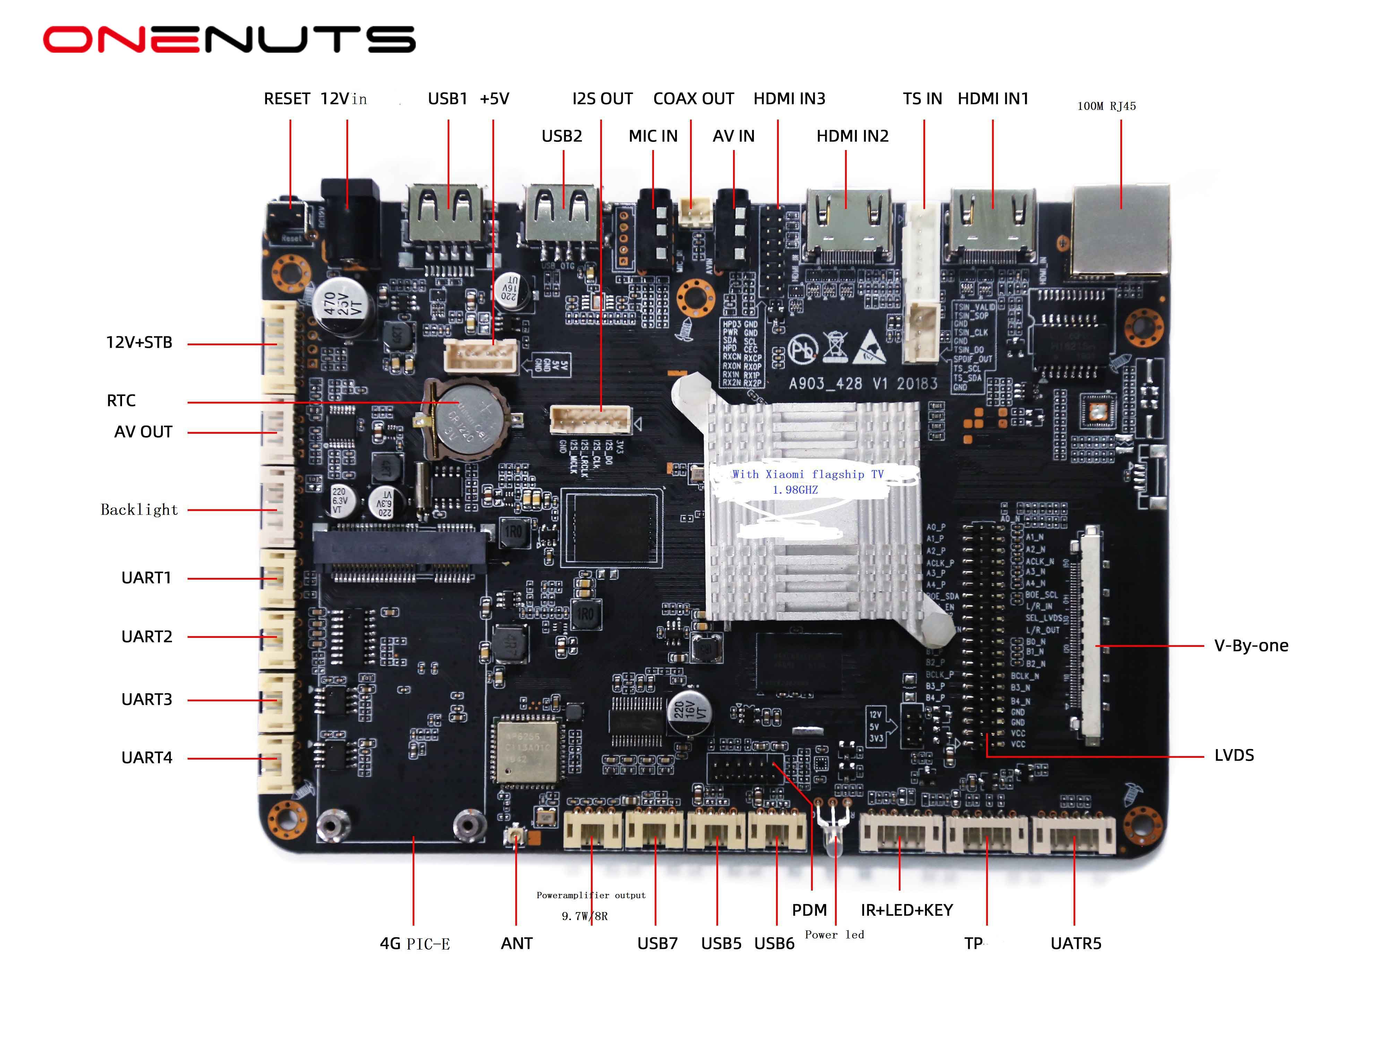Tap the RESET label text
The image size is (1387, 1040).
tap(286, 99)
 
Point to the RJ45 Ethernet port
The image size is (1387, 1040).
tap(1120, 230)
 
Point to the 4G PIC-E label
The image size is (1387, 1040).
tap(414, 944)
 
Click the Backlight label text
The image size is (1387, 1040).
tap(139, 510)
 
